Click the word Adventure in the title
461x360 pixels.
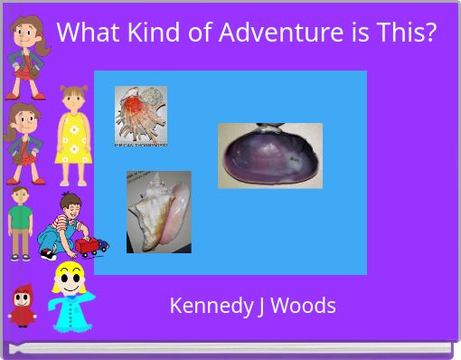pyautogui.click(x=272, y=33)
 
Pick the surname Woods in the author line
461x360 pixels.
pyautogui.click(x=303, y=306)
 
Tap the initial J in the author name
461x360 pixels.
pyautogui.click(x=260, y=306)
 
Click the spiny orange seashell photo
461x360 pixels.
pyautogui.click(x=140, y=116)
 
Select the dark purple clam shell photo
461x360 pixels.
pyautogui.click(x=269, y=156)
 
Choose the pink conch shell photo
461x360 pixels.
pyautogui.click(x=158, y=212)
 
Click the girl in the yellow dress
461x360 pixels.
pyautogui.click(x=71, y=136)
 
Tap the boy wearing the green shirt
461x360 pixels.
pyautogui.click(x=20, y=223)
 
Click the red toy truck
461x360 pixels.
pyautogui.click(x=90, y=245)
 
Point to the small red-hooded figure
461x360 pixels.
pyautogui.click(x=22, y=304)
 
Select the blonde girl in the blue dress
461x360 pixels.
pyautogui.click(x=71, y=298)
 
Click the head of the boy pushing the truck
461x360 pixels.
pyautogui.click(x=70, y=206)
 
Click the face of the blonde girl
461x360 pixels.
pyautogui.click(x=68, y=279)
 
